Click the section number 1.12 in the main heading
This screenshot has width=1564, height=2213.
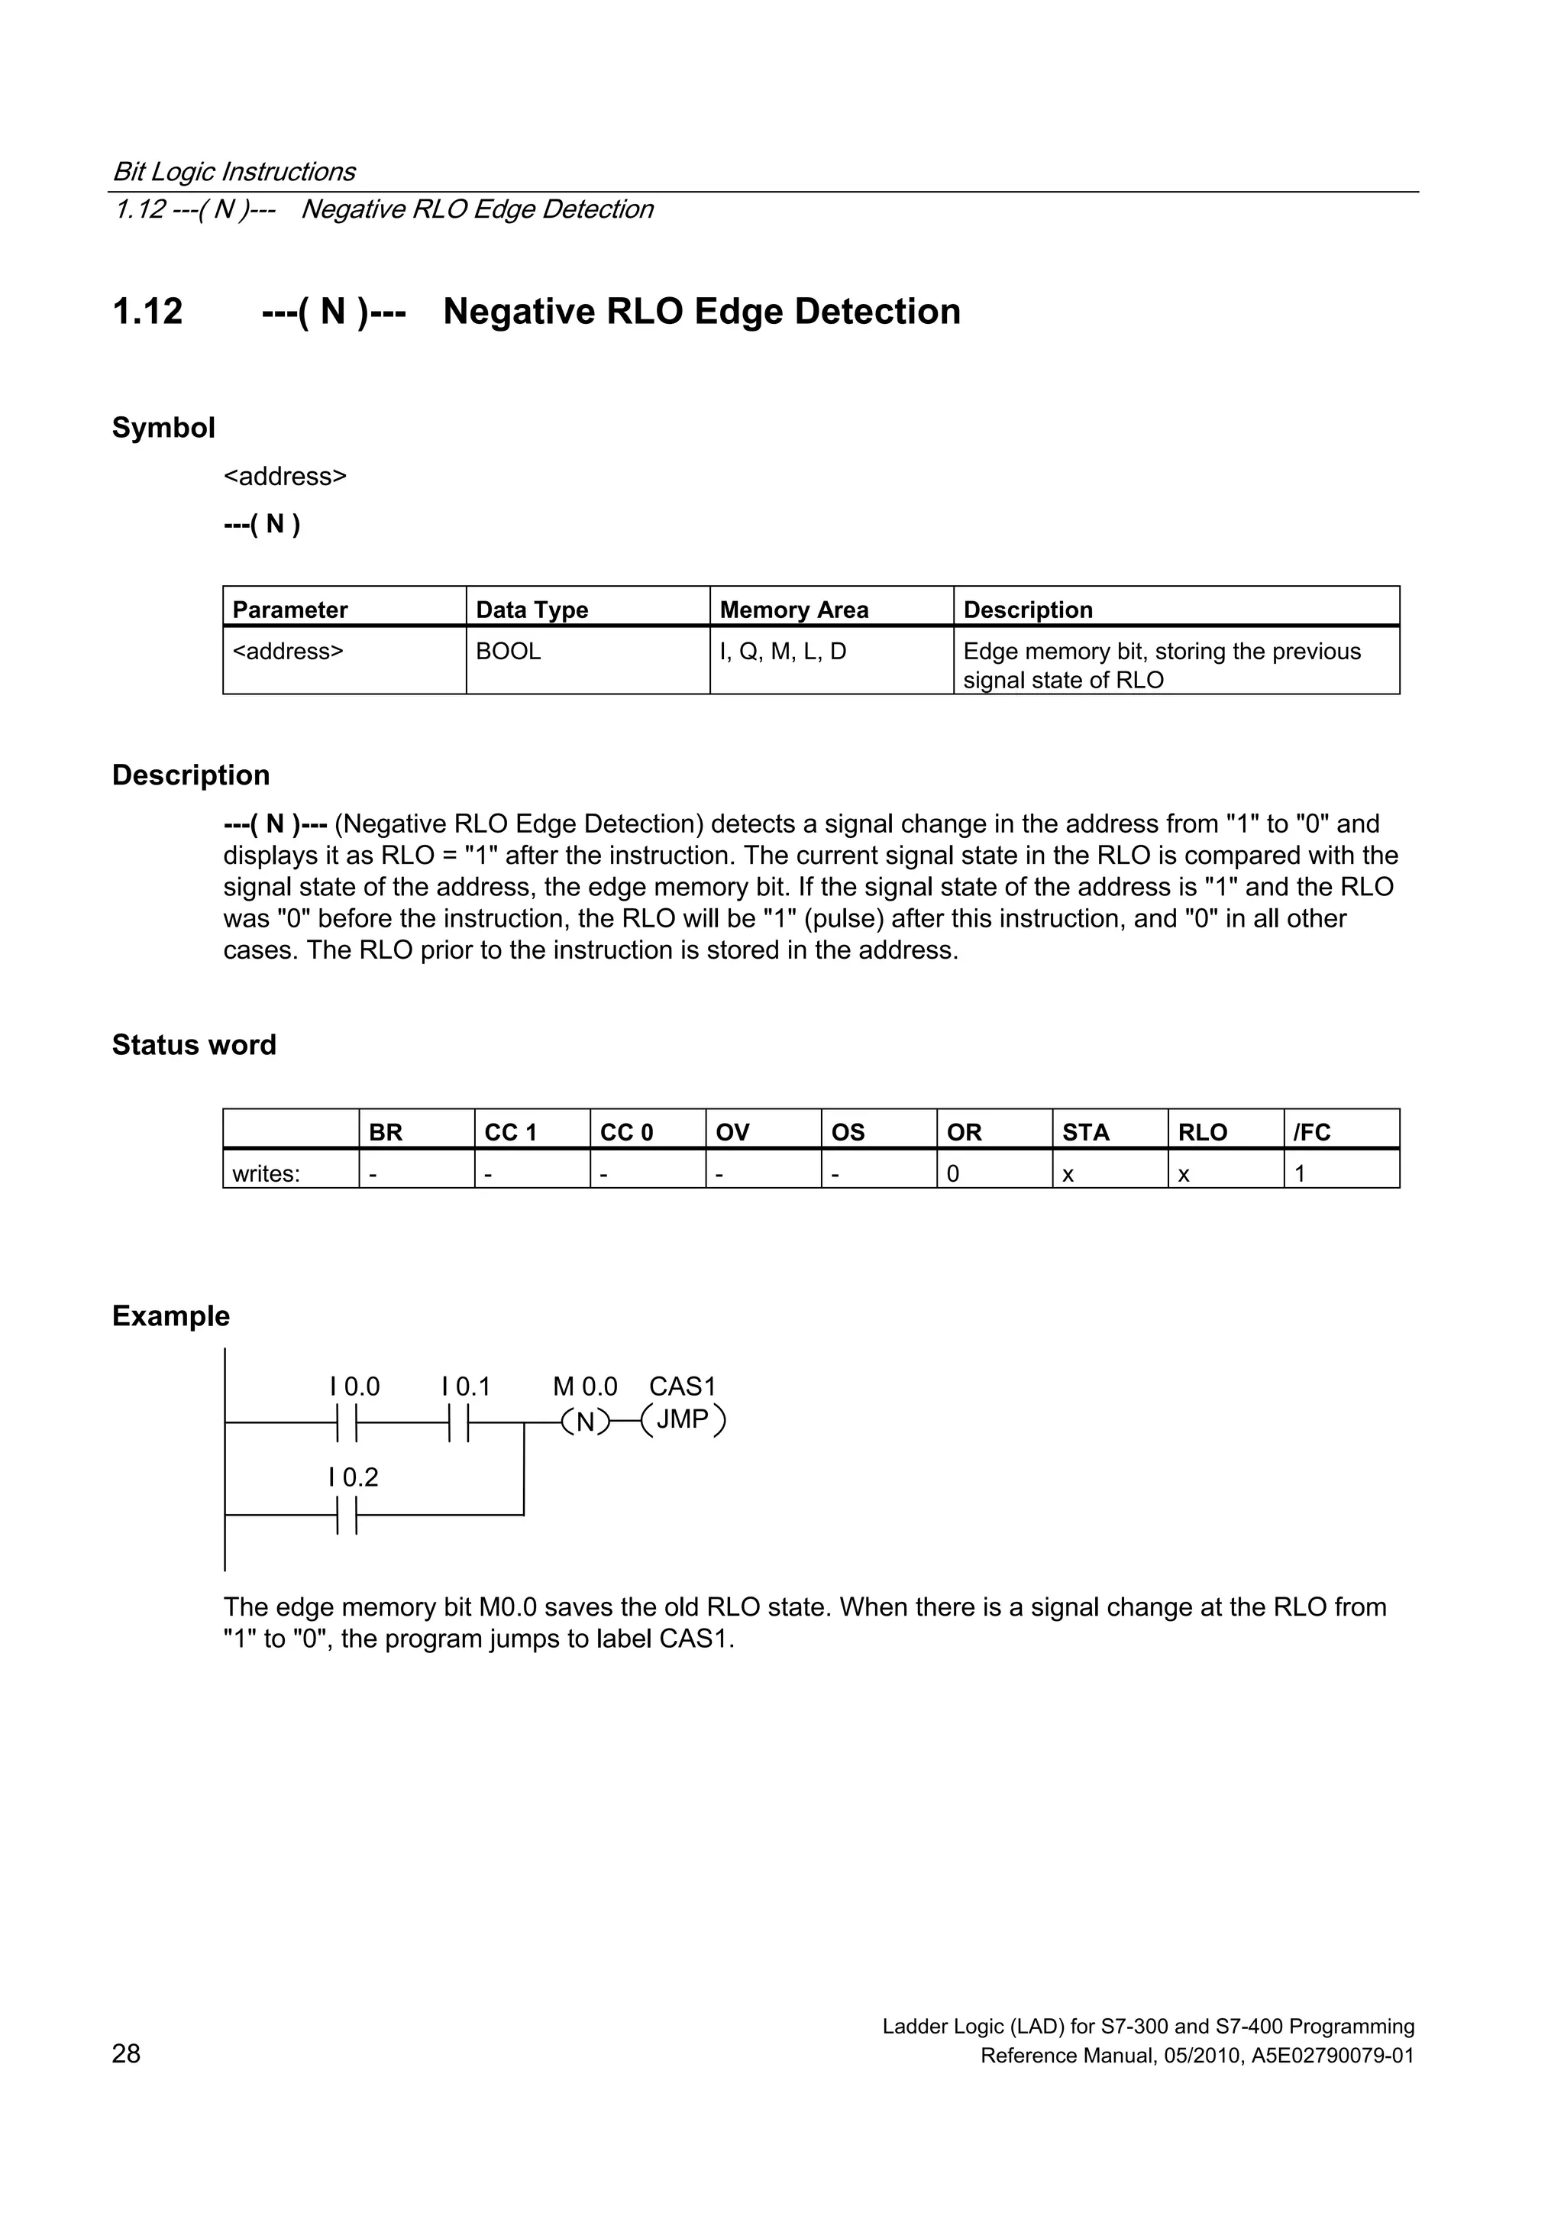(x=147, y=312)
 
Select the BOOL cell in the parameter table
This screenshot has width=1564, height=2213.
(x=508, y=652)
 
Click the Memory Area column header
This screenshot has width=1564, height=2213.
(x=793, y=610)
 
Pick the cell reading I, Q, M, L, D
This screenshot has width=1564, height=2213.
(x=783, y=652)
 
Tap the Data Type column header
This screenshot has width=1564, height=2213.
(x=532, y=610)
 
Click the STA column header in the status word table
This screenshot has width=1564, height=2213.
(x=1085, y=1133)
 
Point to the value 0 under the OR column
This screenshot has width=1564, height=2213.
(x=953, y=1174)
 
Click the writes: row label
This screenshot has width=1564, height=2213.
(x=266, y=1174)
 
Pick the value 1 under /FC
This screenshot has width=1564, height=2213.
(x=1299, y=1174)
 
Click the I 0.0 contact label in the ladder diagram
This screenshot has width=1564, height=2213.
(x=354, y=1387)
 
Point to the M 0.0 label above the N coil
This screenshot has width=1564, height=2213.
(x=585, y=1387)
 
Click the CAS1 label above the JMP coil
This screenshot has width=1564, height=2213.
(x=682, y=1387)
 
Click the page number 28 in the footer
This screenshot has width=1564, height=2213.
(x=126, y=2054)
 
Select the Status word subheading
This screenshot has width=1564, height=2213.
(x=194, y=1045)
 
